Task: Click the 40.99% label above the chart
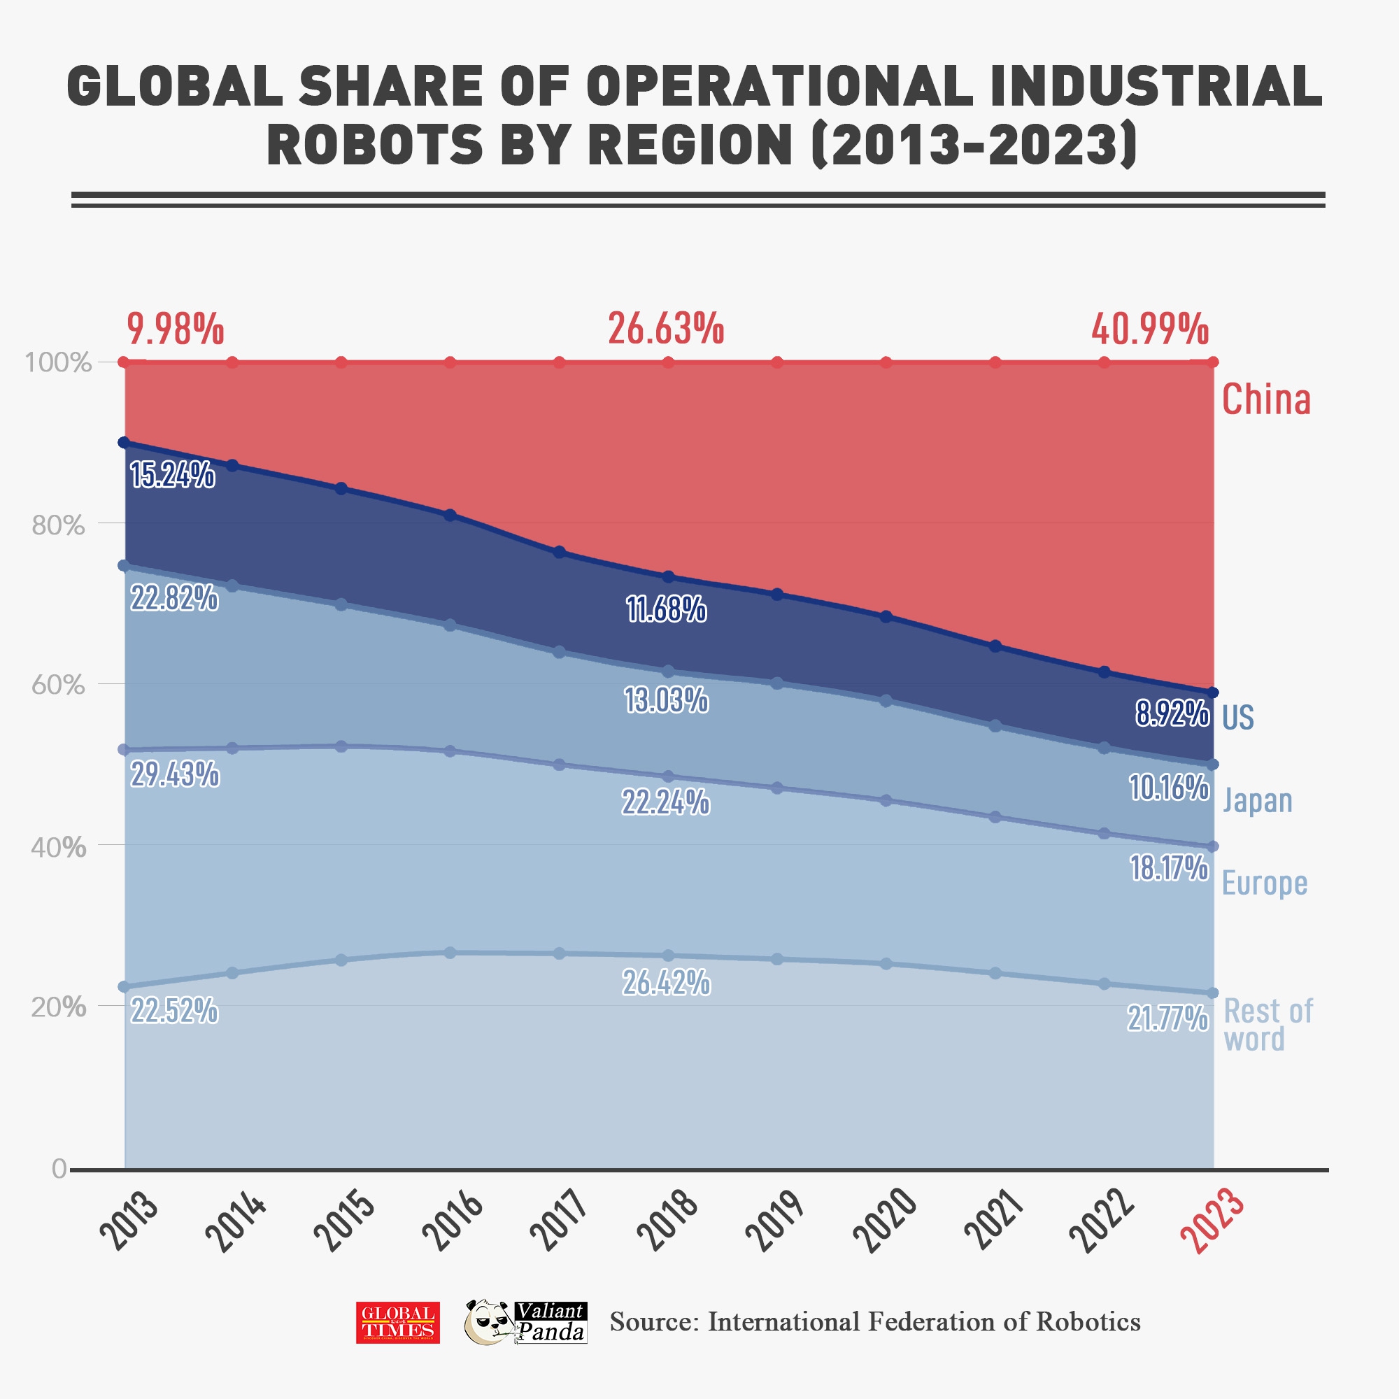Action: tap(1150, 330)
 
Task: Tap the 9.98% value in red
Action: tap(176, 329)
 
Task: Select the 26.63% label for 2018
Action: tap(665, 329)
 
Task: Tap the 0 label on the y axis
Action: tap(59, 1169)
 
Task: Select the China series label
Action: tap(1266, 399)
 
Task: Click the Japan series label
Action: tap(1257, 801)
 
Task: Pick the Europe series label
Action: tap(1264, 883)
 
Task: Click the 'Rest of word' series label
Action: tap(1267, 1025)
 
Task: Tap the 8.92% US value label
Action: tap(1172, 715)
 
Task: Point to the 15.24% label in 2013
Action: tap(172, 475)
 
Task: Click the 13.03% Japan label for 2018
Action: tap(666, 700)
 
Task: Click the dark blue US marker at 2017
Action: tap(559, 553)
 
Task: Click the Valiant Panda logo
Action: tap(525, 1322)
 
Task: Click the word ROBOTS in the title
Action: tap(374, 143)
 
